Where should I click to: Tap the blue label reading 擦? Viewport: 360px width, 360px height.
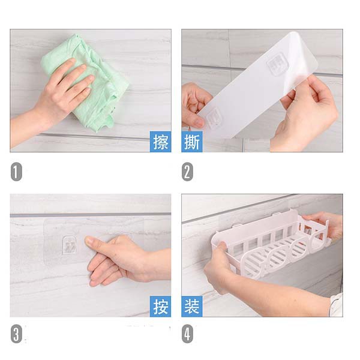[x=160, y=142]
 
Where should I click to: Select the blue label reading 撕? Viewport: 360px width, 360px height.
[x=192, y=142]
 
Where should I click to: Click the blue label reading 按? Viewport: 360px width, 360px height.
[x=160, y=306]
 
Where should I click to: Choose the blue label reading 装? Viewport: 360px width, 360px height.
[x=192, y=306]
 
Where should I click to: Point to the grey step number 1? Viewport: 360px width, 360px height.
[x=16, y=172]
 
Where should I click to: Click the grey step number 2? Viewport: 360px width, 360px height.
[x=187, y=172]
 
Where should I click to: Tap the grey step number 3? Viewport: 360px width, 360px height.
[x=16, y=334]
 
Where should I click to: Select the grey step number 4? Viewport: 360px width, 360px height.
[x=187, y=334]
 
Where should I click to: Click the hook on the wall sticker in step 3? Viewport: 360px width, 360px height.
[x=70, y=245]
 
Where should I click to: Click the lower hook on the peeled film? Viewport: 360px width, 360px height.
[x=214, y=118]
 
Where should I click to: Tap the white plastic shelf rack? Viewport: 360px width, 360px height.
[x=271, y=244]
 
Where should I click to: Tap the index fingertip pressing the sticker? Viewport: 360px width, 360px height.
[x=88, y=241]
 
